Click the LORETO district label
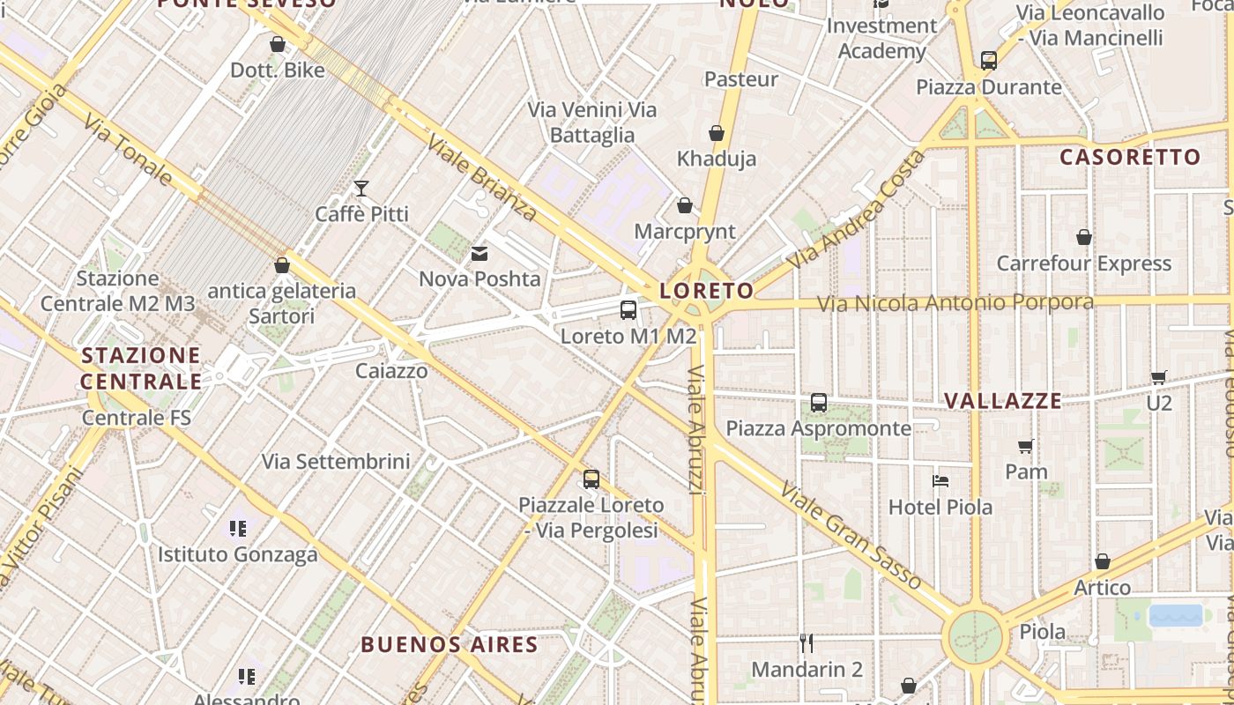(x=707, y=291)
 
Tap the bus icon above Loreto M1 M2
(x=628, y=309)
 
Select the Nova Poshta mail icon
(x=479, y=254)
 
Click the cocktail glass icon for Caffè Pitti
(x=361, y=188)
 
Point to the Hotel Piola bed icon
(x=940, y=481)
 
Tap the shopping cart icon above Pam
(x=1025, y=445)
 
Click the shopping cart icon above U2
(x=1159, y=377)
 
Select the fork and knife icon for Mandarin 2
(x=806, y=642)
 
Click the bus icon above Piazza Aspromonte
(x=819, y=403)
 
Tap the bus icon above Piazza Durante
(x=989, y=61)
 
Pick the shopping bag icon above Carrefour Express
(x=1084, y=237)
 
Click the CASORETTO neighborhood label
(x=1130, y=158)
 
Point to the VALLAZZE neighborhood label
(x=1003, y=401)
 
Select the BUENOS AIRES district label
(x=450, y=644)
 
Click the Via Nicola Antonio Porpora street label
(x=955, y=303)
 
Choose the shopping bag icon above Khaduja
(x=717, y=133)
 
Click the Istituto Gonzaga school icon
(x=237, y=529)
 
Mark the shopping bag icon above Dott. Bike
(x=278, y=44)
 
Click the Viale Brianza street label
(x=481, y=177)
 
